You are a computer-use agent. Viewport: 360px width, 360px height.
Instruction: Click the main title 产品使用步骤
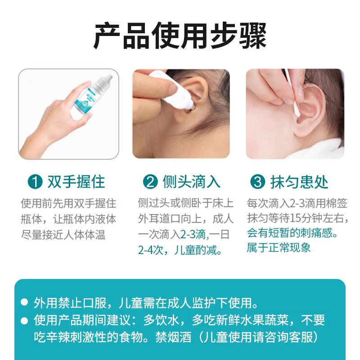coord(180,35)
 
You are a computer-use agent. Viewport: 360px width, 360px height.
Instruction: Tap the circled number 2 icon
coord(150,182)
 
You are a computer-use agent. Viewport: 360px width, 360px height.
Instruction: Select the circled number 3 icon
coord(257,182)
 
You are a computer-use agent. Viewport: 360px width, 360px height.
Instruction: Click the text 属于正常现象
coord(279,247)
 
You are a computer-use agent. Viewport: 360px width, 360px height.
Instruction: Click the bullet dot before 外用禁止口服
coord(25,302)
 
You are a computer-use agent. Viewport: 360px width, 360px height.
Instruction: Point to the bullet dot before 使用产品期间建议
coord(25,321)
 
